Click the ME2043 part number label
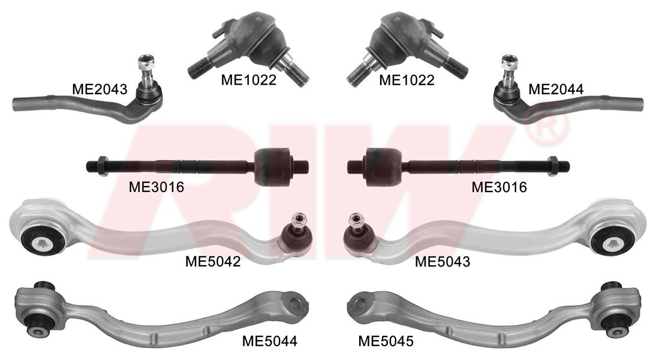[100, 89]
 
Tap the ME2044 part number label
[556, 89]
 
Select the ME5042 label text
[213, 262]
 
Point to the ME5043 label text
[443, 262]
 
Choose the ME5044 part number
[270, 341]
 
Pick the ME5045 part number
[386, 341]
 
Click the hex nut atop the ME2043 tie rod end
[146, 62]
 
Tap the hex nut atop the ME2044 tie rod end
[510, 62]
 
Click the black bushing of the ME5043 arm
[613, 240]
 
